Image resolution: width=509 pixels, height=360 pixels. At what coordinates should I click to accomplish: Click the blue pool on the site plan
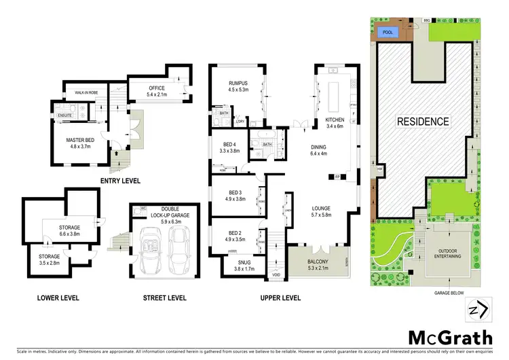tap(389, 32)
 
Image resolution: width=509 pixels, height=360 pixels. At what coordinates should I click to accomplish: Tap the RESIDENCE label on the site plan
tap(423, 122)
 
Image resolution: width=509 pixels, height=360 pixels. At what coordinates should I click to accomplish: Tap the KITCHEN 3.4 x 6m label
tap(335, 122)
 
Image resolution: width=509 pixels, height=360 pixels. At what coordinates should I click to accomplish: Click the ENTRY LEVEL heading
tap(121, 181)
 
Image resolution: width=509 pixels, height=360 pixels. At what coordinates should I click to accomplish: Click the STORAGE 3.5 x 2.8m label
tap(43, 259)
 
